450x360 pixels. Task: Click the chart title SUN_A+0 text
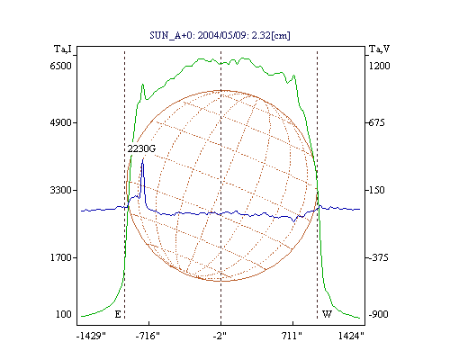click(220, 35)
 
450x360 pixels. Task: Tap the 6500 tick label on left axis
click(60, 66)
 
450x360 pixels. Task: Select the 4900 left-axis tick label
click(60, 122)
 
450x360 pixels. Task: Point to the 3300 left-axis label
click(60, 190)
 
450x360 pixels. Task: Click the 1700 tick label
click(60, 257)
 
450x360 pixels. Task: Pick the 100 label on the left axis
click(64, 314)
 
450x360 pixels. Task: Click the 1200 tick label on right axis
click(379, 66)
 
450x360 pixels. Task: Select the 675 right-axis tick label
click(376, 122)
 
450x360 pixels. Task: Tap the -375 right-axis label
click(378, 257)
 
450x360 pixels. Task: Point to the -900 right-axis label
click(378, 314)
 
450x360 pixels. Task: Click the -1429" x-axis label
click(92, 336)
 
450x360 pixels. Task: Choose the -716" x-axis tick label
click(148, 336)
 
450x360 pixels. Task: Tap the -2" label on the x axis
click(220, 336)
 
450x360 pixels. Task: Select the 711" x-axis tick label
click(292, 336)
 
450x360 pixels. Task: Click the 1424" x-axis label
click(351, 336)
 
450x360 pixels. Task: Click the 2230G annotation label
click(141, 148)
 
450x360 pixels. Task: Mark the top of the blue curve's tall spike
click(143, 159)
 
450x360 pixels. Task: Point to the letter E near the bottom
click(118, 314)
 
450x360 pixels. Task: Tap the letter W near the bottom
click(327, 314)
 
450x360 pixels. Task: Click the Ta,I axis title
click(63, 49)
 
